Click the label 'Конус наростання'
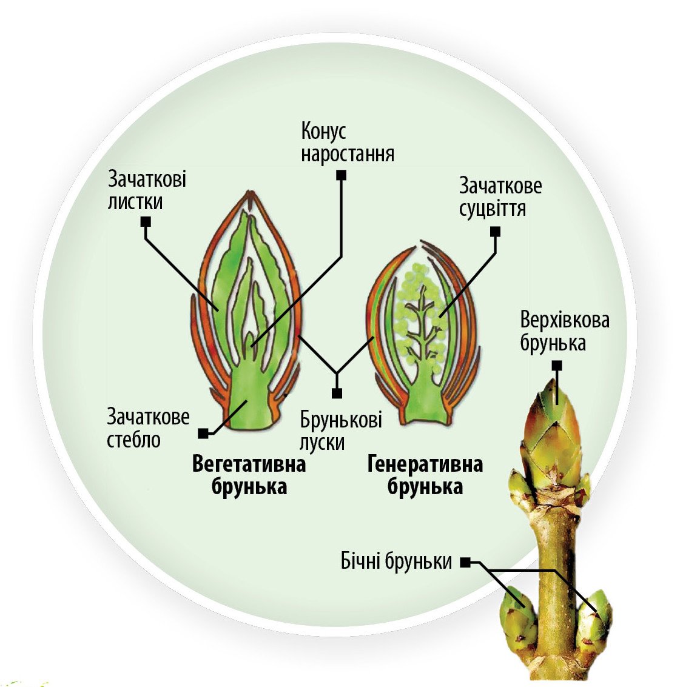coord(347,143)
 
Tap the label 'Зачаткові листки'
coord(146,190)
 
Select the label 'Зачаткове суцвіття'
coord(500,196)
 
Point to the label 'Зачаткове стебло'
coord(148,428)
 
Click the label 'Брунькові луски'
coord(341,431)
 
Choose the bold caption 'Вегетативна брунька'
coord(249,475)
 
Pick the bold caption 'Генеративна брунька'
coord(425,475)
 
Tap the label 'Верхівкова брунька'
coord(565,332)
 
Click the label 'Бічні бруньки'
coord(396,561)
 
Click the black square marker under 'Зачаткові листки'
coord(146,222)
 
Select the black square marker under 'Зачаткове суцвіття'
coord(496,232)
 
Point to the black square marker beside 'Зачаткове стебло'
coord(204,433)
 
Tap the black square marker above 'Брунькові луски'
coord(337,394)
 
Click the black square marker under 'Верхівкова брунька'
coord(557,366)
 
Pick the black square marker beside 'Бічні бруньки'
coord(465,562)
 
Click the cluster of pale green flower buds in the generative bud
coord(419,315)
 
